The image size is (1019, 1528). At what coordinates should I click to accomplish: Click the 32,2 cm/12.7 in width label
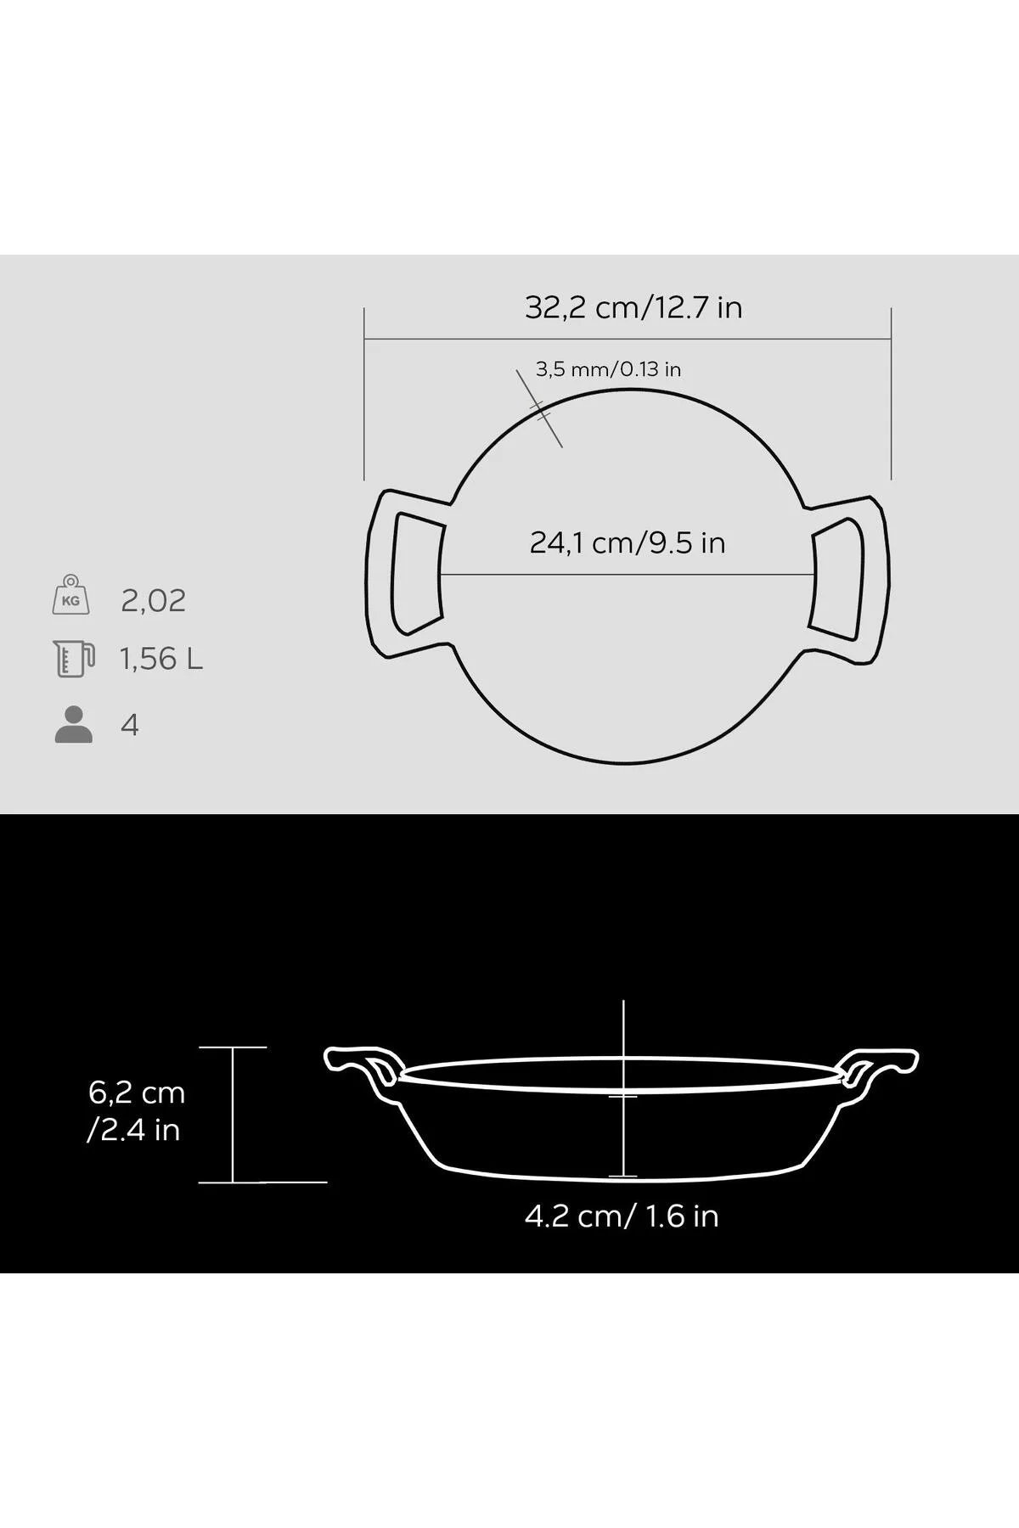click(x=633, y=307)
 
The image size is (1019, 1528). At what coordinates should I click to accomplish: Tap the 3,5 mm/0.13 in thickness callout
click(x=608, y=369)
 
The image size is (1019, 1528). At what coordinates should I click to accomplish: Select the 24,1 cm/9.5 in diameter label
click(x=628, y=542)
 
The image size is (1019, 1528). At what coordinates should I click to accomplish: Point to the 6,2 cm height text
click(x=137, y=1093)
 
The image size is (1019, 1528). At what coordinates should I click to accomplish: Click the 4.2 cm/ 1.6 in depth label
click(x=622, y=1216)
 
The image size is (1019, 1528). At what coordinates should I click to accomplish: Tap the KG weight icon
click(x=70, y=594)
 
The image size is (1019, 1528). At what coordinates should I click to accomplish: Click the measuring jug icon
click(x=73, y=659)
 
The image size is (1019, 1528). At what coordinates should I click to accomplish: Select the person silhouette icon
click(x=74, y=724)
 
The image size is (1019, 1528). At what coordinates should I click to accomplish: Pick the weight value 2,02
click(x=154, y=601)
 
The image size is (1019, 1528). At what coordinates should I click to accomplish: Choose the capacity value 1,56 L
click(x=161, y=659)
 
